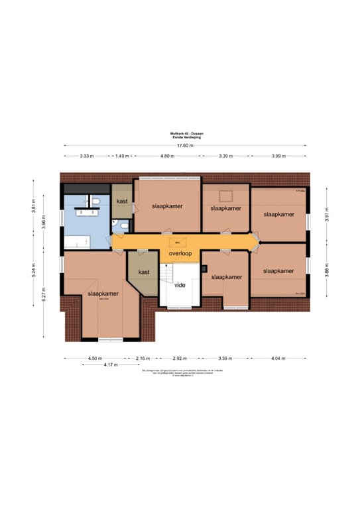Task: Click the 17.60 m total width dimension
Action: point(184,145)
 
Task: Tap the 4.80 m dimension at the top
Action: point(167,156)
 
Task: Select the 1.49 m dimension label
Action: point(121,156)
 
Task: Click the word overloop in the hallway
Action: point(180,253)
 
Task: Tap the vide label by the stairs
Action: point(180,286)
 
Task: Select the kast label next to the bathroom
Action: point(122,201)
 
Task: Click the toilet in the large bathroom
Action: point(96,201)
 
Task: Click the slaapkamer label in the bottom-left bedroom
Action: point(103,294)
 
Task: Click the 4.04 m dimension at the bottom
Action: point(277,358)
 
